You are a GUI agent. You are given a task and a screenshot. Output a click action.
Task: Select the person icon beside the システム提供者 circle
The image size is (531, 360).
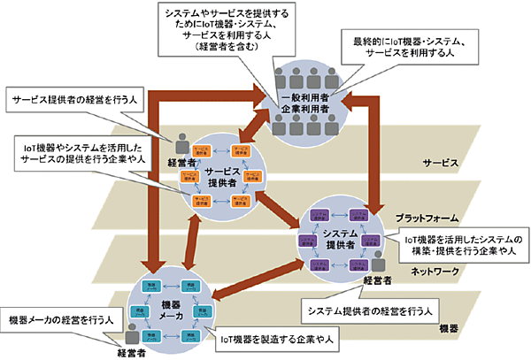380,262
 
